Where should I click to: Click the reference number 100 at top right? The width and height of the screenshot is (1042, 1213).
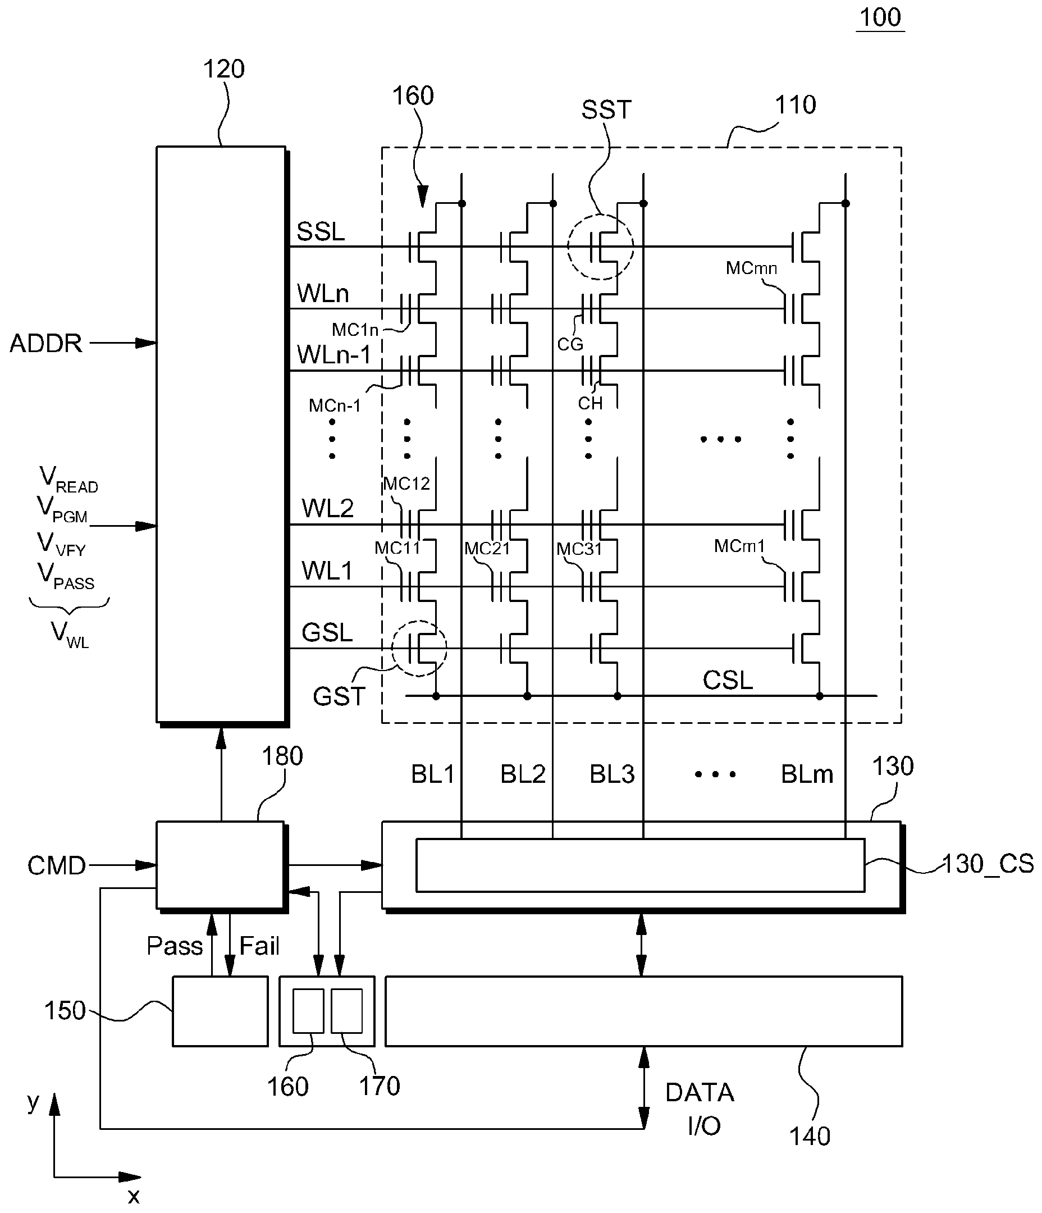[x=880, y=17]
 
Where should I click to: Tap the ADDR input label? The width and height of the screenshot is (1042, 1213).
[x=46, y=344]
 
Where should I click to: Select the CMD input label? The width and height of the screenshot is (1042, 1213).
[x=57, y=866]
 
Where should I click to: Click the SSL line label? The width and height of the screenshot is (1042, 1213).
[x=321, y=232]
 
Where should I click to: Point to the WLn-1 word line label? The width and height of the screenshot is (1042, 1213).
[x=333, y=355]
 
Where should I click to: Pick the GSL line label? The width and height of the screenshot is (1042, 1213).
[x=327, y=633]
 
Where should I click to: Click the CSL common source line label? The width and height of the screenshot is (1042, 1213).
[x=728, y=680]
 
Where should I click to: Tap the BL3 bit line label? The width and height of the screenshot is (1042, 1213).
[x=612, y=774]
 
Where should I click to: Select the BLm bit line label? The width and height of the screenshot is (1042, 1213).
[x=807, y=774]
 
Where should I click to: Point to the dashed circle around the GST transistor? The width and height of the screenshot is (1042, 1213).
[x=392, y=648]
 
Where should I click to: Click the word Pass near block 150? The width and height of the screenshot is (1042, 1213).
[x=175, y=946]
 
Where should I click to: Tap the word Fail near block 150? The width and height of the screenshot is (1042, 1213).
[x=259, y=946]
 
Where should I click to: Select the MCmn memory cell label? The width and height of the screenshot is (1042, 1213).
[x=751, y=268]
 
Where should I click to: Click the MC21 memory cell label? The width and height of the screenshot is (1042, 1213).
[x=487, y=549]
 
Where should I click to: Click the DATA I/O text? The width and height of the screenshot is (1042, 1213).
[x=700, y=1109]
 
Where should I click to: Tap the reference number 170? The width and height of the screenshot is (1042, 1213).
[x=380, y=1087]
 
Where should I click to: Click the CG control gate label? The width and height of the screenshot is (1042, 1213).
[x=570, y=344]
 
